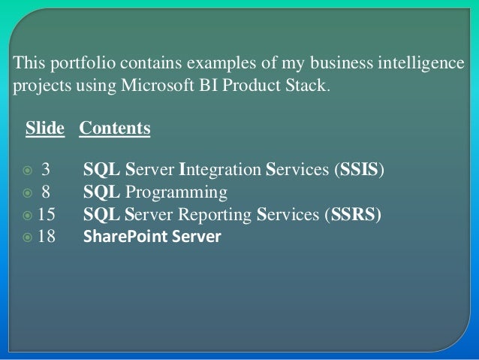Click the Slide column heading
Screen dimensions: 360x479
click(45, 129)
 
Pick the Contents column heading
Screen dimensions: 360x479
click(114, 129)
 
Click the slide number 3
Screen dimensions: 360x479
click(46, 167)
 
